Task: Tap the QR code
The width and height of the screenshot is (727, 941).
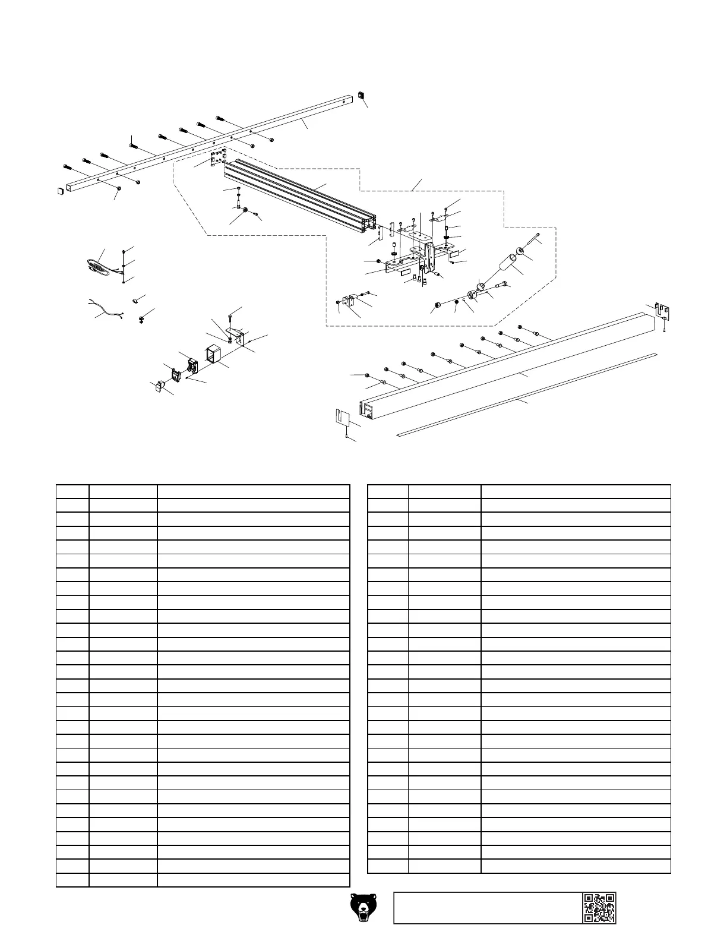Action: pyautogui.click(x=599, y=907)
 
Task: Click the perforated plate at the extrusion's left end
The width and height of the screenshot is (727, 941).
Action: pyautogui.click(x=219, y=157)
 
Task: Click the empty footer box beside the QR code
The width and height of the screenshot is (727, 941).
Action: pyautogui.click(x=487, y=907)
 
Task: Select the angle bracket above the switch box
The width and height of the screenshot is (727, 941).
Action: pyautogui.click(x=236, y=336)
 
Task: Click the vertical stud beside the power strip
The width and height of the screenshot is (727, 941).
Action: pyautogui.click(x=124, y=266)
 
